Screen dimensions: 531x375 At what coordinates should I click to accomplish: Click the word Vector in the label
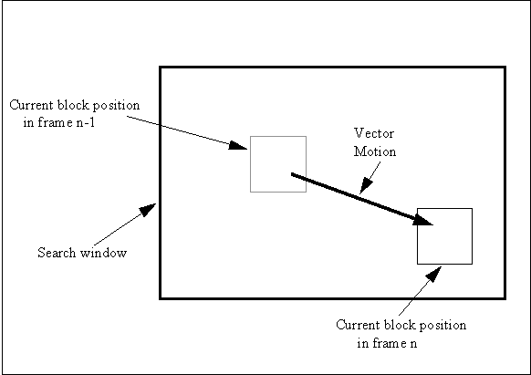[x=374, y=133]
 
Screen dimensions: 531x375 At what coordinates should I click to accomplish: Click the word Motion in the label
[x=375, y=151]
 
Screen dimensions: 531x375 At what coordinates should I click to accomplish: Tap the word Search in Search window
[x=57, y=253]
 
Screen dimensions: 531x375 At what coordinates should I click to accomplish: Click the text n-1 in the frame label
[x=86, y=122]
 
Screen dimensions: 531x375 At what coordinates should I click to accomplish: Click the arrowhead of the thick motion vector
[x=422, y=221]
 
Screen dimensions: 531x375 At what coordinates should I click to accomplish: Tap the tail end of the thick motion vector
[x=292, y=174]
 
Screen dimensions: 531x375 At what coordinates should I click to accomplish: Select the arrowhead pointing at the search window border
[x=148, y=210]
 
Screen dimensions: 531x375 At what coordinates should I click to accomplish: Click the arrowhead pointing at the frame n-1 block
[x=238, y=145]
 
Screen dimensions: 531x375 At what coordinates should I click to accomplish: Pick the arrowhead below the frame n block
[x=433, y=274]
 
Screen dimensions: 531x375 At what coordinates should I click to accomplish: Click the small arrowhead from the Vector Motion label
[x=366, y=186]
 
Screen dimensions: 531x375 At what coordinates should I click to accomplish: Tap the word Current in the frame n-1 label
[x=32, y=105]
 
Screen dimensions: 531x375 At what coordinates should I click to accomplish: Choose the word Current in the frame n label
[x=359, y=325]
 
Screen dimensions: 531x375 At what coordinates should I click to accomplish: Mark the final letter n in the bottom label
[x=413, y=344]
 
